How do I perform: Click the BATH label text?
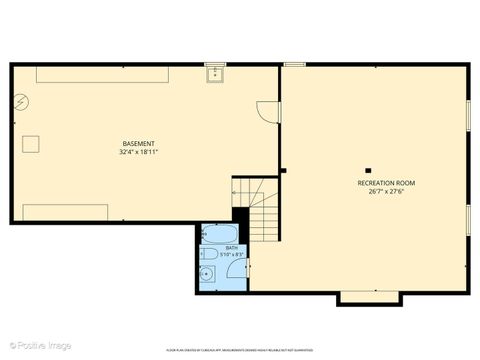(231, 248)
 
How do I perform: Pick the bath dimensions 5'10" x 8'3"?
(231, 255)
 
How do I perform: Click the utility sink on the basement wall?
(214, 73)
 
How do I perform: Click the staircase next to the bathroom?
(257, 204)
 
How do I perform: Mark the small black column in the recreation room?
(367, 170)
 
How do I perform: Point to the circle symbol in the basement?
(22, 102)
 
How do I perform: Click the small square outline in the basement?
(31, 144)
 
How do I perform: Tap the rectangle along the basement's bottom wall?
(65, 212)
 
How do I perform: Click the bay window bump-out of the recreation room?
(369, 297)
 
